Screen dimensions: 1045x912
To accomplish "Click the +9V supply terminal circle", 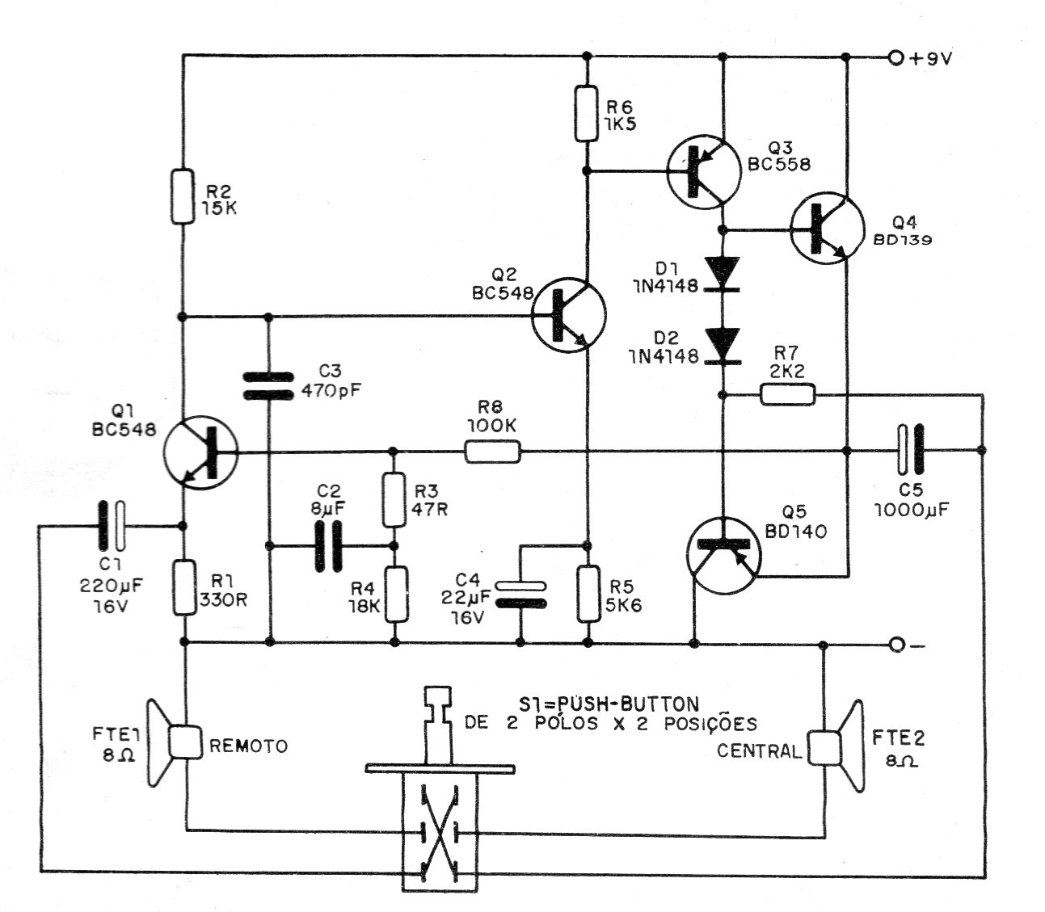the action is [895, 59].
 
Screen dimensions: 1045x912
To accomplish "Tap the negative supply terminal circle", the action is [897, 645].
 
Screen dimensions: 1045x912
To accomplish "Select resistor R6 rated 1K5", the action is [586, 113].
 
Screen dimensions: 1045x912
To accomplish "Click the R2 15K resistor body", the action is [183, 196].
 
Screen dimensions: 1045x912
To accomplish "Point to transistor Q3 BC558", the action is [703, 171].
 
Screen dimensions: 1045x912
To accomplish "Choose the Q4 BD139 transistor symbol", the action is [828, 228].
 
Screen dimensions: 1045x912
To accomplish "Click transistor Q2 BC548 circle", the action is [568, 315].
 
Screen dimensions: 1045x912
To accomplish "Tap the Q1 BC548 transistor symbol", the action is [200, 452].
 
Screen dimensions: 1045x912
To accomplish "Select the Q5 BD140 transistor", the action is [723, 555].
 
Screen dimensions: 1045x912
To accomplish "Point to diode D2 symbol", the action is [723, 346].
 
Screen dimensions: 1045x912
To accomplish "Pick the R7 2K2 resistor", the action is [788, 394].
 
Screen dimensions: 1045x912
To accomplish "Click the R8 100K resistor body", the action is [493, 452].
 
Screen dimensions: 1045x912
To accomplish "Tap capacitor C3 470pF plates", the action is [268, 386].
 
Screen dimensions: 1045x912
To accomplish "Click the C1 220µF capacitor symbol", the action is [112, 526].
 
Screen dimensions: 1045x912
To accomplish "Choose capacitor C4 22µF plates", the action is [521, 595].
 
